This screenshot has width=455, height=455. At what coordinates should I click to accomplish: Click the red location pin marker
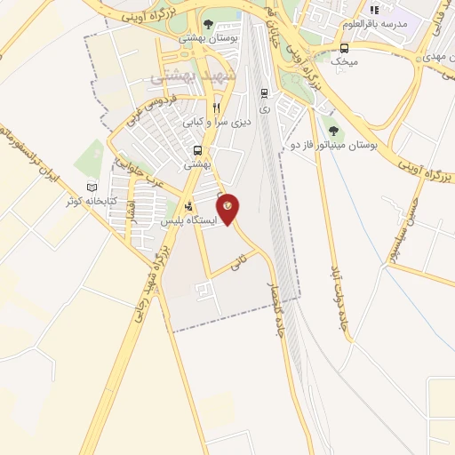tap(227, 209)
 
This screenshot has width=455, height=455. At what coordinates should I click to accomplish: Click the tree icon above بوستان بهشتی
tap(208, 25)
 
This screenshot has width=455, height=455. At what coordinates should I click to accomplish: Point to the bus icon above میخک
tap(344, 47)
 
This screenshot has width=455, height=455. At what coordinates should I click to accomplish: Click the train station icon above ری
tap(264, 92)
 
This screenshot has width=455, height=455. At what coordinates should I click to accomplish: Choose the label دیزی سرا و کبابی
tap(217, 122)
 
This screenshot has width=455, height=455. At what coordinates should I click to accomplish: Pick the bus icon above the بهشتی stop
tap(196, 150)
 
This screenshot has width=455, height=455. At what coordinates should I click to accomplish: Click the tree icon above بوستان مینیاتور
tap(332, 130)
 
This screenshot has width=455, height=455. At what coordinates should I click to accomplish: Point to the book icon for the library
tap(92, 188)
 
